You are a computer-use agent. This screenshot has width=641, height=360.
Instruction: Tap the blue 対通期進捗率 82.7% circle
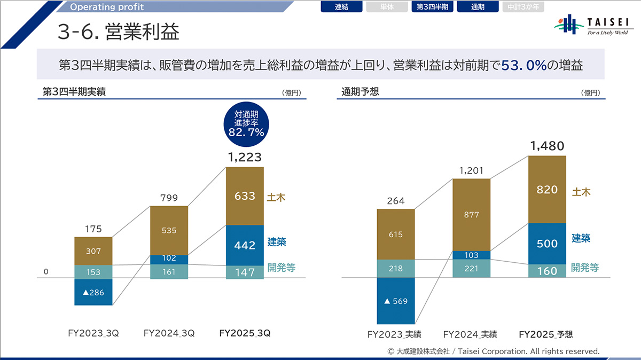246,124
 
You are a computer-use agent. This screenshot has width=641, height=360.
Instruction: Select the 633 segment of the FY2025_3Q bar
245,196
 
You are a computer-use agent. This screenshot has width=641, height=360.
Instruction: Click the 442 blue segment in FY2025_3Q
245,245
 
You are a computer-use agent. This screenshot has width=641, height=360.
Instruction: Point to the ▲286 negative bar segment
93,292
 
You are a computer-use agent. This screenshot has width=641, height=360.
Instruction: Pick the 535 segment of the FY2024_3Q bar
169,230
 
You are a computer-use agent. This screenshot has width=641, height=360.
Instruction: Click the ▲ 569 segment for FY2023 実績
396,301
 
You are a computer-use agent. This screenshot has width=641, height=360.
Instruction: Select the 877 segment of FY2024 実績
471,214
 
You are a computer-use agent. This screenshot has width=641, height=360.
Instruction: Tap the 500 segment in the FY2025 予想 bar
547,244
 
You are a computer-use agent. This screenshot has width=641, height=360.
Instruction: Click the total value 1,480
547,145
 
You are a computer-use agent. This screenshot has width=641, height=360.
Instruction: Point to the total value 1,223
245,157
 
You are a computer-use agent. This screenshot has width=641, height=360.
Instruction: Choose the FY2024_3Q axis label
169,333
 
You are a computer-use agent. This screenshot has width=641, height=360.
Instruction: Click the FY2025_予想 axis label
546,334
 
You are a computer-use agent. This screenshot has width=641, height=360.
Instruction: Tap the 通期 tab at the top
478,7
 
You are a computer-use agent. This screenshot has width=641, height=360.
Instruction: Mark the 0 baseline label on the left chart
46,272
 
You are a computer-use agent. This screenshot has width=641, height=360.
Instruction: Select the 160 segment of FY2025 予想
547,271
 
